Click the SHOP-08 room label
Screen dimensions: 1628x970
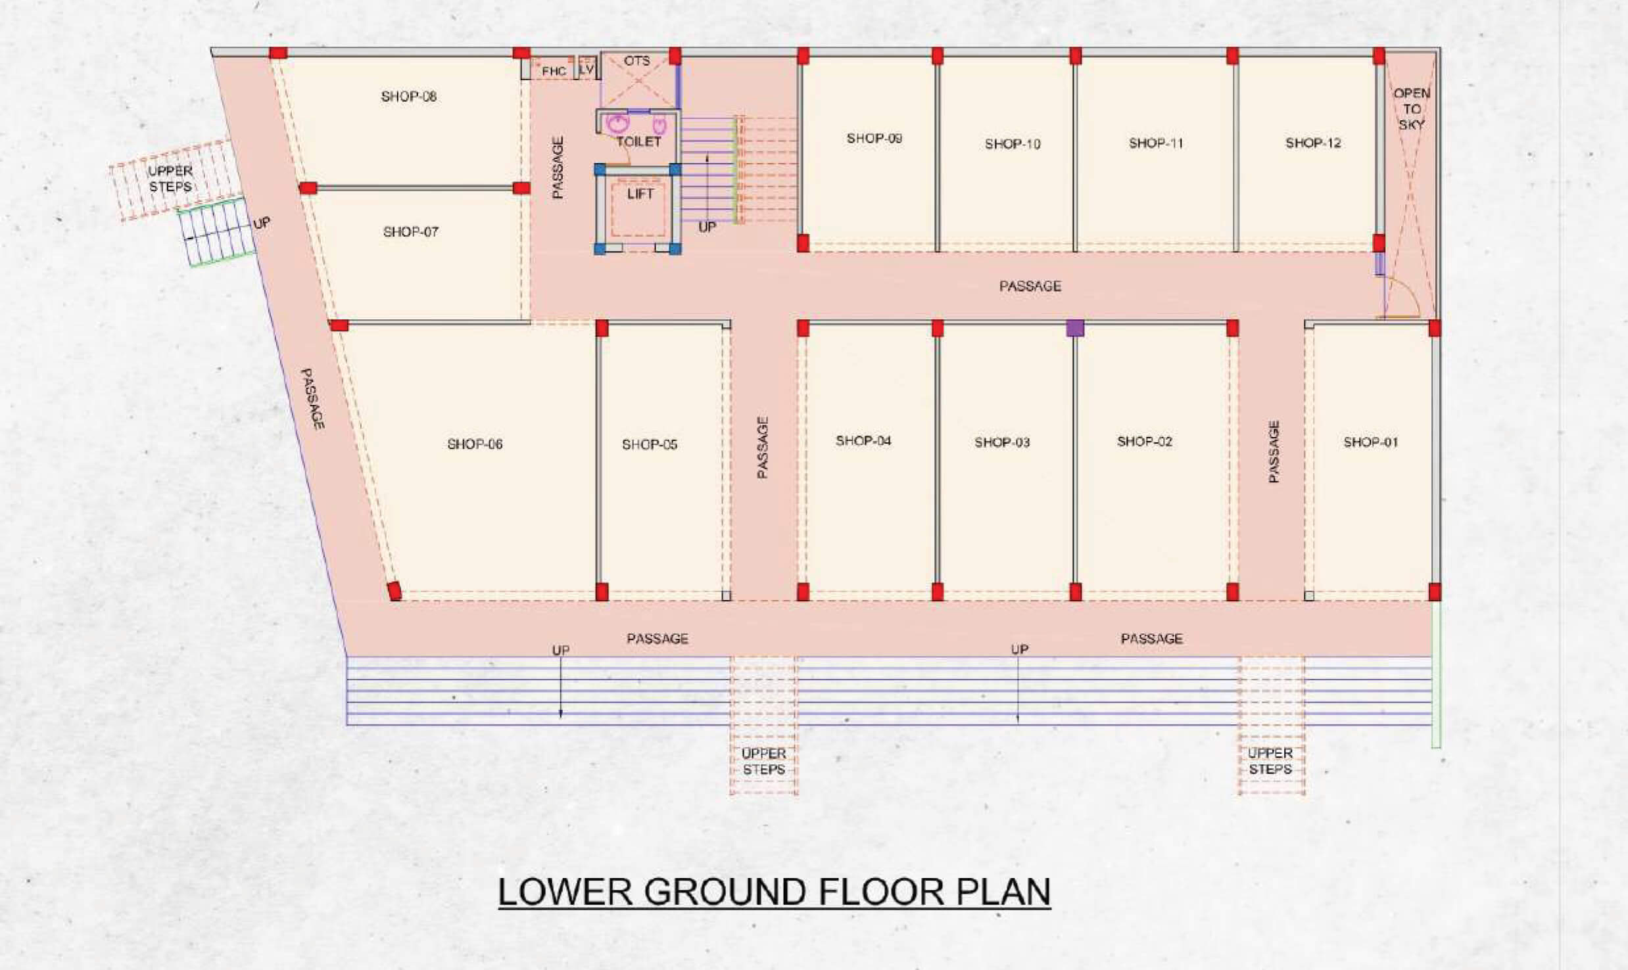[x=408, y=97]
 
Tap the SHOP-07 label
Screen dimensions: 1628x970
[x=410, y=231]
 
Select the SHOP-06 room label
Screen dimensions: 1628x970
[x=475, y=444]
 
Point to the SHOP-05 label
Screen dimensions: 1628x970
[x=650, y=445]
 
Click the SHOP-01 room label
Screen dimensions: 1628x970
[x=1371, y=442]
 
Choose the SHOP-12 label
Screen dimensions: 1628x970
[x=1313, y=143]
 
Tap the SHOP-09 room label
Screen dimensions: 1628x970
[x=874, y=138]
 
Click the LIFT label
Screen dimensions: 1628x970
[x=640, y=194]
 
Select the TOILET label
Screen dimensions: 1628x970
[x=638, y=141]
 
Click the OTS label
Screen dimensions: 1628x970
[x=636, y=60]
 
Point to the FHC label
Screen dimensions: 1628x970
[x=554, y=71]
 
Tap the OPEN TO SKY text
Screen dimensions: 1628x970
[x=1412, y=108]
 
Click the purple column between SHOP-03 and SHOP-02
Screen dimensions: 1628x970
[x=1075, y=328]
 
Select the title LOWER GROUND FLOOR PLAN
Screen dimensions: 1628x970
[x=775, y=892]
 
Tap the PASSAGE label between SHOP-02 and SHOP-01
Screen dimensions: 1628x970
[x=1274, y=452]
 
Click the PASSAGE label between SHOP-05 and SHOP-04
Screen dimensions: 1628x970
[x=763, y=447]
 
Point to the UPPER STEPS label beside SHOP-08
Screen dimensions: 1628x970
[x=170, y=179]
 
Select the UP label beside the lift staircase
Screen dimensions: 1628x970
[x=707, y=227]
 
